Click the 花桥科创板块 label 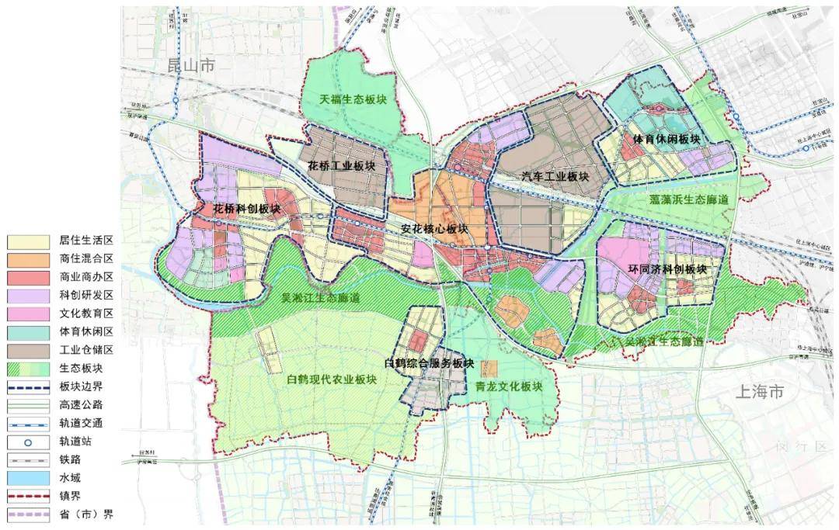246,210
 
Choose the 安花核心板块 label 434,229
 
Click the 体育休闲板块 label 667,140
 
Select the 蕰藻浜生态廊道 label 689,199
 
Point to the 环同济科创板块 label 667,269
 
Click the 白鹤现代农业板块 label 332,379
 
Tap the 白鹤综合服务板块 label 428,362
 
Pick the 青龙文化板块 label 507,386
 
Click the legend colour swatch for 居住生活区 28,241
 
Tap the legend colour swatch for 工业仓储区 28,349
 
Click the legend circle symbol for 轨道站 28,441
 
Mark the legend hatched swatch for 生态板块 28,368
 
